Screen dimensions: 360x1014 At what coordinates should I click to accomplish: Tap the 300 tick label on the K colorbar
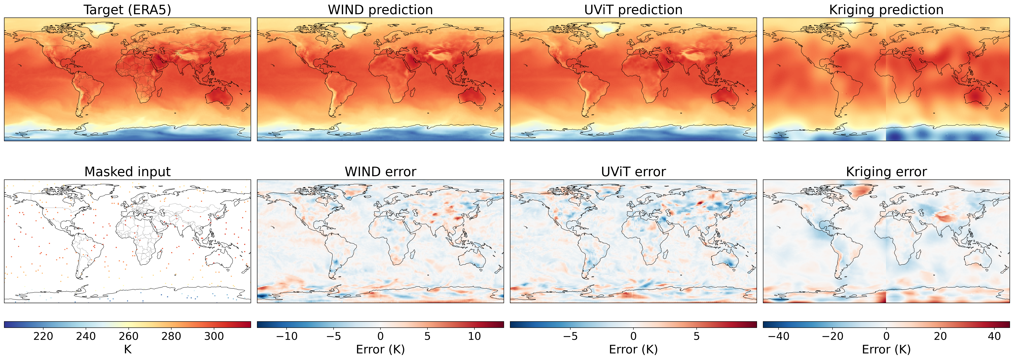(x=214, y=336)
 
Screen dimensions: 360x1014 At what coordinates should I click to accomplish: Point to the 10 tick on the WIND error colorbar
(x=474, y=336)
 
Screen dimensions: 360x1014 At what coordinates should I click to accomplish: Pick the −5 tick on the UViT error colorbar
(x=570, y=336)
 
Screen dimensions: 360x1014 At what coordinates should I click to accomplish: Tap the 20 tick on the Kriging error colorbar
(x=940, y=336)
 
